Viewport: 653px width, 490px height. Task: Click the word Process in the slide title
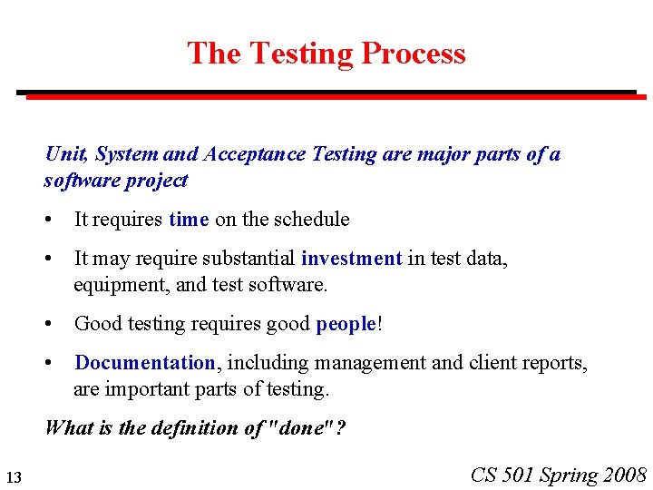point(413,54)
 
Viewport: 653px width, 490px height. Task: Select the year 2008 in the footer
point(625,475)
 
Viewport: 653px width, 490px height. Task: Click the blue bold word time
point(189,219)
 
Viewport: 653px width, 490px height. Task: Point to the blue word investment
point(351,259)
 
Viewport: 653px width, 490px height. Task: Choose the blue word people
point(346,324)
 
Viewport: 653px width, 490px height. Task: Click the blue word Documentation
point(145,363)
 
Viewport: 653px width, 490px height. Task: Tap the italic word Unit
point(64,154)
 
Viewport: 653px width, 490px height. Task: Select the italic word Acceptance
point(255,154)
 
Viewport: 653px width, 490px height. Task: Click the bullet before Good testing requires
point(56,324)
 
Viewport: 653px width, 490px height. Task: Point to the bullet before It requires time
point(56,219)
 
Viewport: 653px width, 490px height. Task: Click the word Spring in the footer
point(569,475)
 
